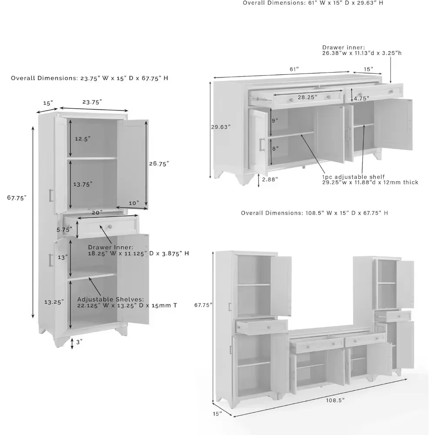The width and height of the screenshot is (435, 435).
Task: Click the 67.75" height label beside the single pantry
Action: point(17,197)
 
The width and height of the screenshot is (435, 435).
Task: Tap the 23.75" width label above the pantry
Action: point(92,102)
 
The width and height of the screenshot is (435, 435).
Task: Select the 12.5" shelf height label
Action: point(82,138)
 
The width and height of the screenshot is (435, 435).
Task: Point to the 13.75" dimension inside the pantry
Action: point(83,184)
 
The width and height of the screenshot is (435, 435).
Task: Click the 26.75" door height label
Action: point(159,164)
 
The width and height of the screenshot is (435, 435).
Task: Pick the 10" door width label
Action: point(134,203)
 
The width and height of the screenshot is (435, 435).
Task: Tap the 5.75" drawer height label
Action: point(65,229)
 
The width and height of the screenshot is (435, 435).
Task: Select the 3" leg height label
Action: point(78,342)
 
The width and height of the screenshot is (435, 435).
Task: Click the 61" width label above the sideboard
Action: point(294,69)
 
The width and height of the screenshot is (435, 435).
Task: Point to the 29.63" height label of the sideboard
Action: point(221,127)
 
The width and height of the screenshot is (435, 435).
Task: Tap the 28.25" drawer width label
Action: point(307,97)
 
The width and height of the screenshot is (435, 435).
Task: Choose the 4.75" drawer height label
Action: point(361,98)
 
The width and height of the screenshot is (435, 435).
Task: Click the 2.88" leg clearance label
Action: point(270,179)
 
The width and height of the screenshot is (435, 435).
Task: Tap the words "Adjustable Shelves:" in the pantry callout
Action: point(110,300)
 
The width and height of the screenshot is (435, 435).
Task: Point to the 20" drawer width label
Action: point(97,213)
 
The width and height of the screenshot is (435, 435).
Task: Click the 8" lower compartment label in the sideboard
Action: point(274,148)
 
